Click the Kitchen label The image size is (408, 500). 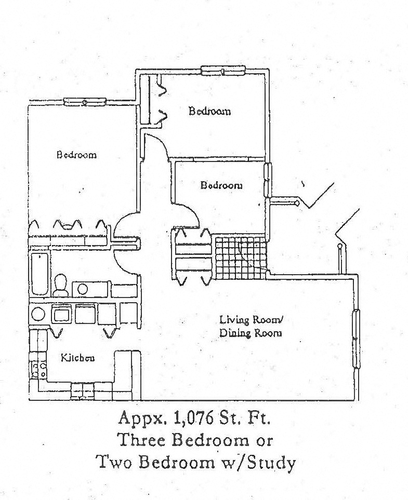pos(78,358)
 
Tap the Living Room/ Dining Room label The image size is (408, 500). pos(251,327)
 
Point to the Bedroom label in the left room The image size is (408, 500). pos(76,155)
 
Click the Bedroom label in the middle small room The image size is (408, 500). pos(221,185)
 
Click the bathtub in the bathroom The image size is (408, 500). pos(40,273)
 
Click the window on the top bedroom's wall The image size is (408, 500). pos(223,70)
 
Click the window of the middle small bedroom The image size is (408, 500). pos(267,180)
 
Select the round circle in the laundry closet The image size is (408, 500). pos(38,314)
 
